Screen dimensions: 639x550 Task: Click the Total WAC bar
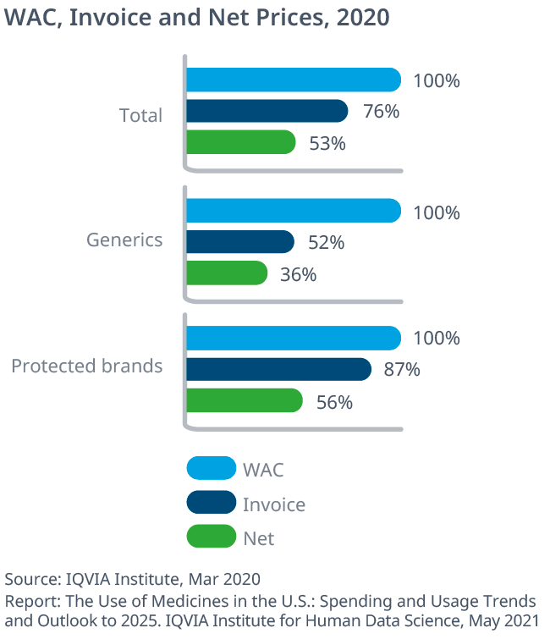(x=293, y=80)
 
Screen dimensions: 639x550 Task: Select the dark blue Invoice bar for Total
(x=267, y=111)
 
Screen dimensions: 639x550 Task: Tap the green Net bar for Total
(x=240, y=142)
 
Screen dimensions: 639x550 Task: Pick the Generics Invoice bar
(x=239, y=242)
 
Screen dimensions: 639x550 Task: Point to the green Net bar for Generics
(x=226, y=273)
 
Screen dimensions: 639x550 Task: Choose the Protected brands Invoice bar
(x=278, y=369)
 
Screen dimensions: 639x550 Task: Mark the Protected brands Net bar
(x=244, y=400)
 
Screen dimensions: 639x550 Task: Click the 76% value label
(x=380, y=112)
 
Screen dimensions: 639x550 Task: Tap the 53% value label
(x=327, y=143)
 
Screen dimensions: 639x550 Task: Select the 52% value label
(x=326, y=243)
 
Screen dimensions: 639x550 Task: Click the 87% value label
(x=403, y=370)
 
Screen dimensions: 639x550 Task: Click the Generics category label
(x=124, y=240)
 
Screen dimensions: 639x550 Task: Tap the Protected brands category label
(x=86, y=366)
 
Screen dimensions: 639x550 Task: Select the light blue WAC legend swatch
(x=211, y=468)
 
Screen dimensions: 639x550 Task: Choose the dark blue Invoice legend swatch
(x=211, y=502)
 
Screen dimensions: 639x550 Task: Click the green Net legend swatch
(x=211, y=536)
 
